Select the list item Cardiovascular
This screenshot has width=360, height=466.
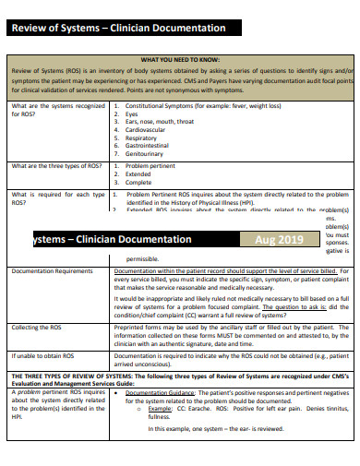coord(148,130)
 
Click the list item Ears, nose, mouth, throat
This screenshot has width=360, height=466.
coord(161,122)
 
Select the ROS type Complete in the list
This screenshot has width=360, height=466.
coord(141,183)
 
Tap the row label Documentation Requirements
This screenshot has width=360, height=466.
coord(52,271)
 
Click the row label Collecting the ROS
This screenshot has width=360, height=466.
coord(37,328)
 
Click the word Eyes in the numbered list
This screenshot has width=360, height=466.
coord(134,114)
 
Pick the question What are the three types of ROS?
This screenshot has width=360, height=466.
coord(56,166)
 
